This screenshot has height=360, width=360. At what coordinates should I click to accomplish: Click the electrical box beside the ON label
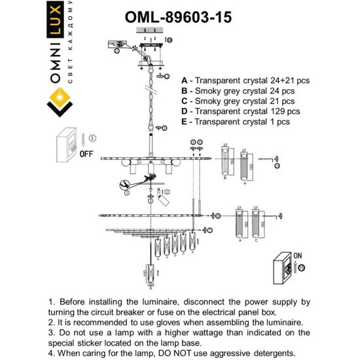286,268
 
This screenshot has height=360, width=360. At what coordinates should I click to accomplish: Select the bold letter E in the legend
184,122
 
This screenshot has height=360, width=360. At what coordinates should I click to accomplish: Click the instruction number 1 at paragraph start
52,302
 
